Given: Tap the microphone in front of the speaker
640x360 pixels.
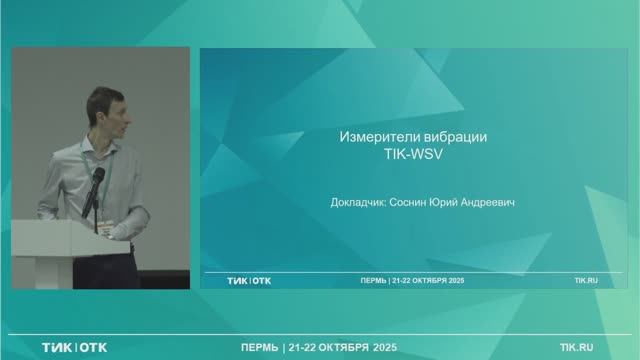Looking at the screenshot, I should click(98, 177).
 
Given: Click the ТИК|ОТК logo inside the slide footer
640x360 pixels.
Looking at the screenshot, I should click(248, 281).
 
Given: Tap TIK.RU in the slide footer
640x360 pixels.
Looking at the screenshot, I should click(586, 281).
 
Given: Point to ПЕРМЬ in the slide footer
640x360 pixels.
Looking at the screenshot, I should click(375, 281).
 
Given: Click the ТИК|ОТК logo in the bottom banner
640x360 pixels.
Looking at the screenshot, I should click(74, 347).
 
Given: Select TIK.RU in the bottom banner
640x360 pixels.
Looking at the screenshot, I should click(583, 347).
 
